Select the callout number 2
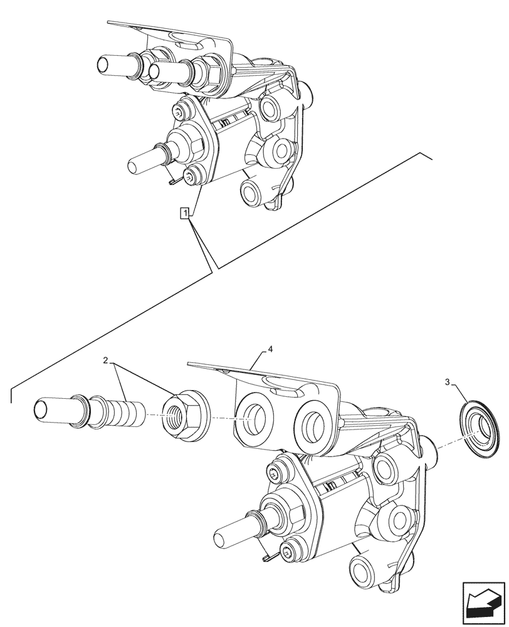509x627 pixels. point(107,361)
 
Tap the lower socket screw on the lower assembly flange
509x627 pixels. point(291,552)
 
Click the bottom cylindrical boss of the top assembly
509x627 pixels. point(253,192)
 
